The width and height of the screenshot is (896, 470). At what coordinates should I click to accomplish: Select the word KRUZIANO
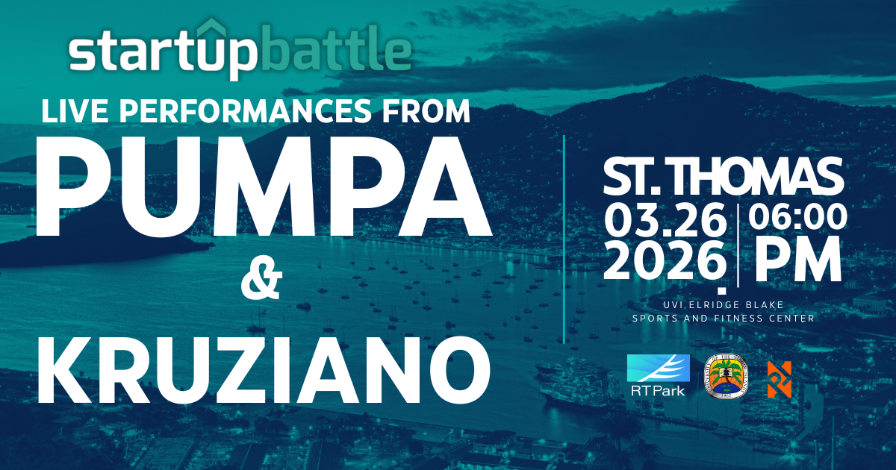tap(264, 369)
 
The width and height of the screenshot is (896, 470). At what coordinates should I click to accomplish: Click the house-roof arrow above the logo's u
tap(211, 28)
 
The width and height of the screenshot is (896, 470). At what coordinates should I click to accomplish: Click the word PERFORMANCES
tap(246, 110)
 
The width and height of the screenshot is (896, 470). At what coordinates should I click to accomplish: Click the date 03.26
tap(665, 219)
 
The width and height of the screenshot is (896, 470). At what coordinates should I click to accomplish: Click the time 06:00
tap(797, 216)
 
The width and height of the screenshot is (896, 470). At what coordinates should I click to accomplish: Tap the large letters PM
tap(797, 259)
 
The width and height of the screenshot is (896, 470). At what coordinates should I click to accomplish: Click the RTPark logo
tap(658, 375)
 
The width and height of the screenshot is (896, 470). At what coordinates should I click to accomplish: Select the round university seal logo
tap(726, 376)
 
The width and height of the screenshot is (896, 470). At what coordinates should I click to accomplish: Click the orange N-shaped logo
tap(780, 379)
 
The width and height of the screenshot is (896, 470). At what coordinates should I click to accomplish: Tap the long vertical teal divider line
tap(564, 239)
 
